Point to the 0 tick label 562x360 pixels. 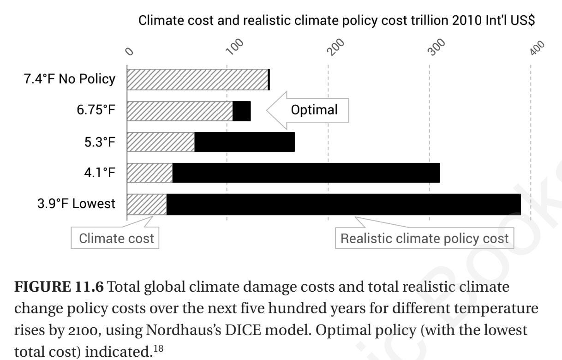[x=130, y=51]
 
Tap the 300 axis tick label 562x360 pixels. [x=438, y=47]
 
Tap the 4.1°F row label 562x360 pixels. [x=96, y=173]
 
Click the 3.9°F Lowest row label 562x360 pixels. [x=76, y=204]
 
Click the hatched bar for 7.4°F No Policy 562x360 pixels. [x=197, y=80]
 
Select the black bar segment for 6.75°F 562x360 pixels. [x=241, y=111]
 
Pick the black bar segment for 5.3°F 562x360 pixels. [x=244, y=142]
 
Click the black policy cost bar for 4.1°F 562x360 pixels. [x=305, y=173]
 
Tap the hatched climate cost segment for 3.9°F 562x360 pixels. [x=146, y=204]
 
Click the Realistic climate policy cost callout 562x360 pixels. [x=424, y=238]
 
